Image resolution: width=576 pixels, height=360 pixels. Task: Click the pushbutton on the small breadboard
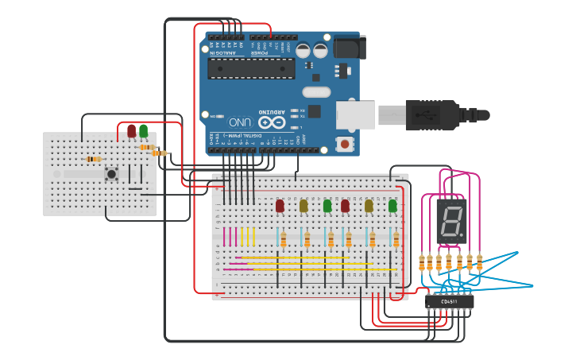point(112,173)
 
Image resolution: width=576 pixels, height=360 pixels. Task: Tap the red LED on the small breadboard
point(131,131)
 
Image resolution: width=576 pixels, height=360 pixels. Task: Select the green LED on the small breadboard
point(143,131)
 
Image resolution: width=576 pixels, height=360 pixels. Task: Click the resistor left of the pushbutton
point(94,159)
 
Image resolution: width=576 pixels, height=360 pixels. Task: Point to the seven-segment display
point(450,221)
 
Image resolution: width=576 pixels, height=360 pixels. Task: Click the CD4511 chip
point(450,302)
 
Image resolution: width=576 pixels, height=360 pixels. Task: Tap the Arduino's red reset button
point(345,144)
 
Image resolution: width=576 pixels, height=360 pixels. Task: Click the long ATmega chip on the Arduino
point(251,68)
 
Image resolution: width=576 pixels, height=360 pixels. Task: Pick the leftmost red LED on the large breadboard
point(280,206)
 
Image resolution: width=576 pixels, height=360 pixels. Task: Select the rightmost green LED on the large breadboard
point(392,206)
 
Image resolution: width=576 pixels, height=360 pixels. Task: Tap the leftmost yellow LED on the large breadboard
point(303,206)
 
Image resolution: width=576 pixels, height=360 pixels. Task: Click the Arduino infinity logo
point(270,122)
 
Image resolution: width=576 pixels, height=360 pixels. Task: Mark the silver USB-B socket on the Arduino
point(355,115)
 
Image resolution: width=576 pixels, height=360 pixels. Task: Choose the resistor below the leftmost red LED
point(283,239)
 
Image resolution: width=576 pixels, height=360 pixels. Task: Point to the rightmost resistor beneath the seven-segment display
point(479,262)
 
